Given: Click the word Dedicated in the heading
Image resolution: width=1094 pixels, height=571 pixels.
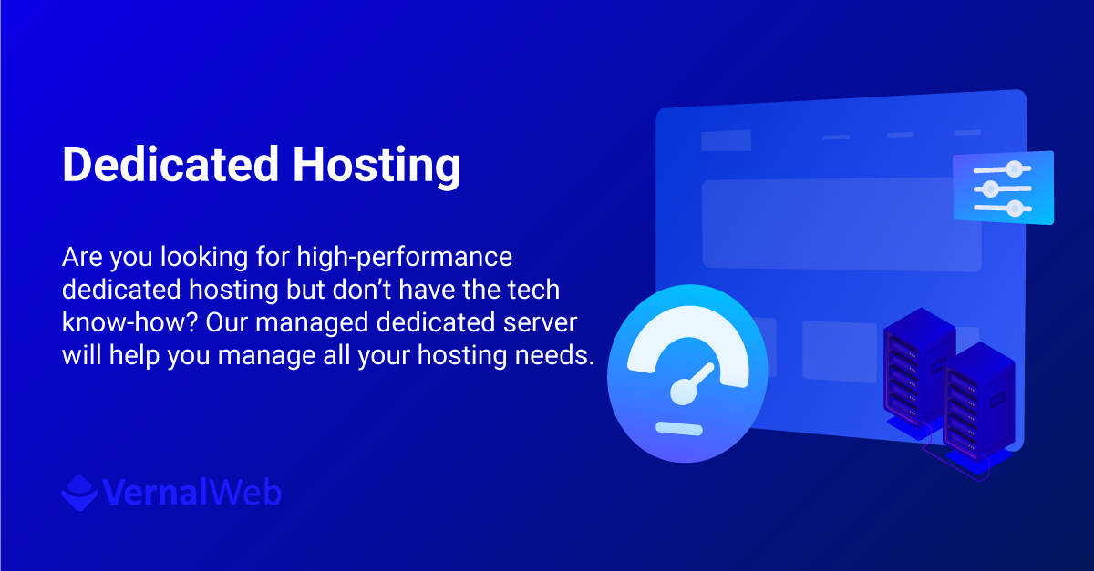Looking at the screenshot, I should pyautogui.click(x=170, y=166).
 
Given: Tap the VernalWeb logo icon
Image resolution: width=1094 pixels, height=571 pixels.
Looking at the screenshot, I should pyautogui.click(x=78, y=492).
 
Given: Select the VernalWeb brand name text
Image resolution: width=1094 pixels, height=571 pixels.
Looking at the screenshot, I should pyautogui.click(x=192, y=493).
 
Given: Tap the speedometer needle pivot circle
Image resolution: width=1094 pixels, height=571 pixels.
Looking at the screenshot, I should pyautogui.click(x=683, y=393).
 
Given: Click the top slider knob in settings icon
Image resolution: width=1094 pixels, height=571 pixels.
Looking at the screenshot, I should pyautogui.click(x=1014, y=168).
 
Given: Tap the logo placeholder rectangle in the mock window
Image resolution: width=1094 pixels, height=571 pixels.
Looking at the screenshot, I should pyautogui.click(x=726, y=140).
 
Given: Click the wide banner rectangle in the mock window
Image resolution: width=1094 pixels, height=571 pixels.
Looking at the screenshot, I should pyautogui.click(x=841, y=224).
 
